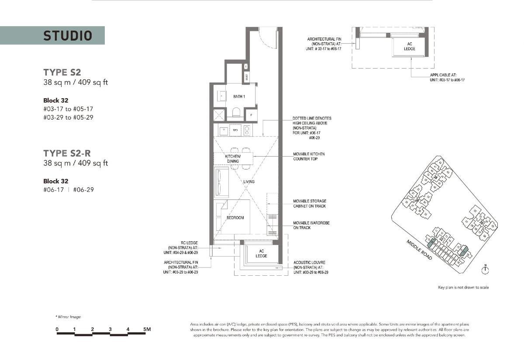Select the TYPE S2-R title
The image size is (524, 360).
coord(67,153)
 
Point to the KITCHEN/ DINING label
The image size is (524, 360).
coord(232,158)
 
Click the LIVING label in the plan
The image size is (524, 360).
coord(249,182)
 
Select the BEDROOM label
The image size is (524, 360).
coord(235,217)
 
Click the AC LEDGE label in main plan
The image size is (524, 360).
coord(262,253)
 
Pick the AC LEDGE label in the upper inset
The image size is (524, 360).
coord(410,46)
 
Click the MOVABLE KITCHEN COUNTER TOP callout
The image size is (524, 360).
coord(309,156)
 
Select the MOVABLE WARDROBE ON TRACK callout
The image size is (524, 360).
coord(311,225)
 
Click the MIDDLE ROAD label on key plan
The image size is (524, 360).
coord(419,250)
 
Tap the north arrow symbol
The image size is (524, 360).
coord(485,270)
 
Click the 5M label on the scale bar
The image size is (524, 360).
coord(147,329)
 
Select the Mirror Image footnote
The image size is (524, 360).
coord(68,317)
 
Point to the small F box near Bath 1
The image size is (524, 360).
coord(251,116)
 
